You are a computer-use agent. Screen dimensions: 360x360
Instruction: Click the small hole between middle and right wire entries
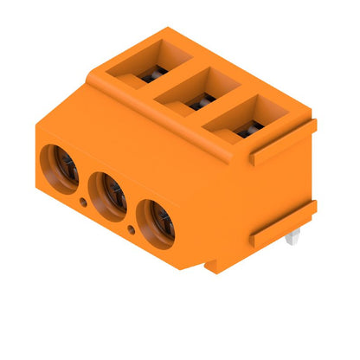click(x=131, y=230)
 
